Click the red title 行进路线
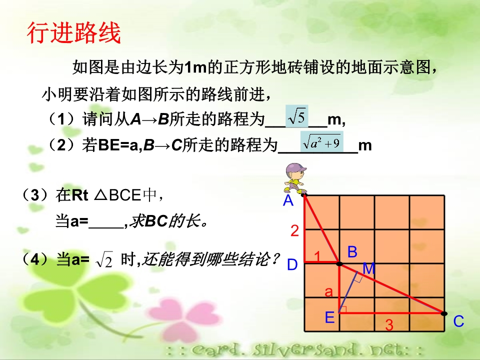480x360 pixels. (x=74, y=33)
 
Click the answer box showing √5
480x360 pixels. (x=296, y=116)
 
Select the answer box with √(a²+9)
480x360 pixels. (x=321, y=142)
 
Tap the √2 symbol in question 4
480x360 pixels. (x=104, y=259)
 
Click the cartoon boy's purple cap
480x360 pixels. (x=295, y=168)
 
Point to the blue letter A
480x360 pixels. (x=288, y=201)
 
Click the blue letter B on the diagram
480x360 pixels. (x=352, y=252)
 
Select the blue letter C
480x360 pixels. (x=458, y=321)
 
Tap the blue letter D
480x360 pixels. (x=292, y=264)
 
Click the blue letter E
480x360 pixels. (x=329, y=317)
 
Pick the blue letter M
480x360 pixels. (x=368, y=269)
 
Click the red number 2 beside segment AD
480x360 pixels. (x=294, y=230)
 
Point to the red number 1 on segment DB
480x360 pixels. (x=317, y=256)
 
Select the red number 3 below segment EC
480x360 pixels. (x=389, y=325)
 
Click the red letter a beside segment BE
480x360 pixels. (x=328, y=291)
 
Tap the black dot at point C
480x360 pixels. (x=444, y=313)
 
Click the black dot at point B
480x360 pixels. (x=339, y=263)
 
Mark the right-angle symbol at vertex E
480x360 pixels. (x=343, y=309)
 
